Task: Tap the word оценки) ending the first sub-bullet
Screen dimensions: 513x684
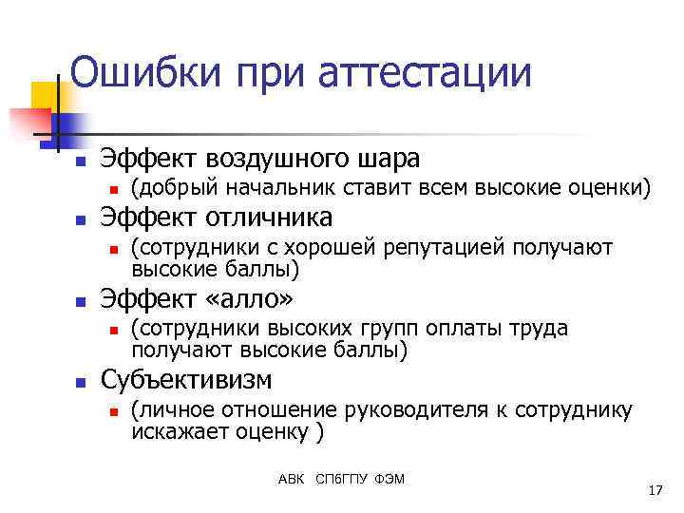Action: click(x=605, y=188)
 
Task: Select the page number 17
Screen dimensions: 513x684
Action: click(x=654, y=490)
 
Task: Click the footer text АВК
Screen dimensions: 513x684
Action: click(x=291, y=478)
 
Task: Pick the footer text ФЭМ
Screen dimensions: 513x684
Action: click(x=391, y=478)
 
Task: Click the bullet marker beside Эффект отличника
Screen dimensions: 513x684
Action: click(x=81, y=219)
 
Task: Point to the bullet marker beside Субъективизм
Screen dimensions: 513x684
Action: click(x=81, y=382)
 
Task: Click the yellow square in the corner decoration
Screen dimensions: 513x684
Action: click(x=46, y=94)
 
